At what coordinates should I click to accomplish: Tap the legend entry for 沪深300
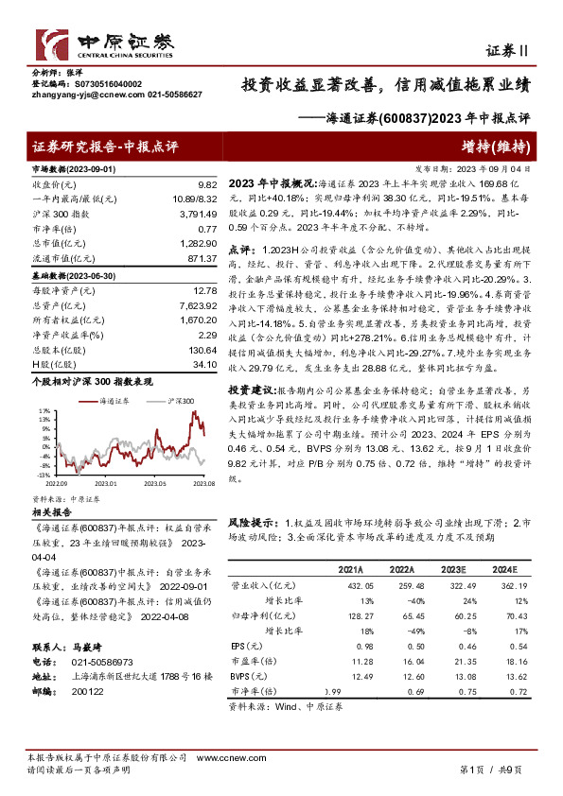(181, 401)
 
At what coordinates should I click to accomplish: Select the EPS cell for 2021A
(350, 646)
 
